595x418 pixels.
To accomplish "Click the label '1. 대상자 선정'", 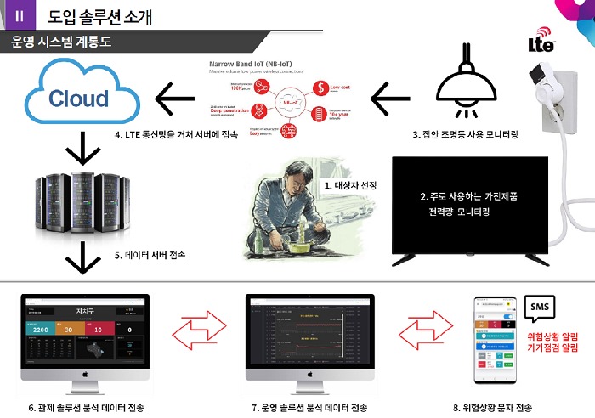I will coord(350,184).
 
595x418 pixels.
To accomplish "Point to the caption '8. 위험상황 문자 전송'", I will coord(492,407).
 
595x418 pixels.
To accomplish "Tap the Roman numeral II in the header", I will coord(19,14).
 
